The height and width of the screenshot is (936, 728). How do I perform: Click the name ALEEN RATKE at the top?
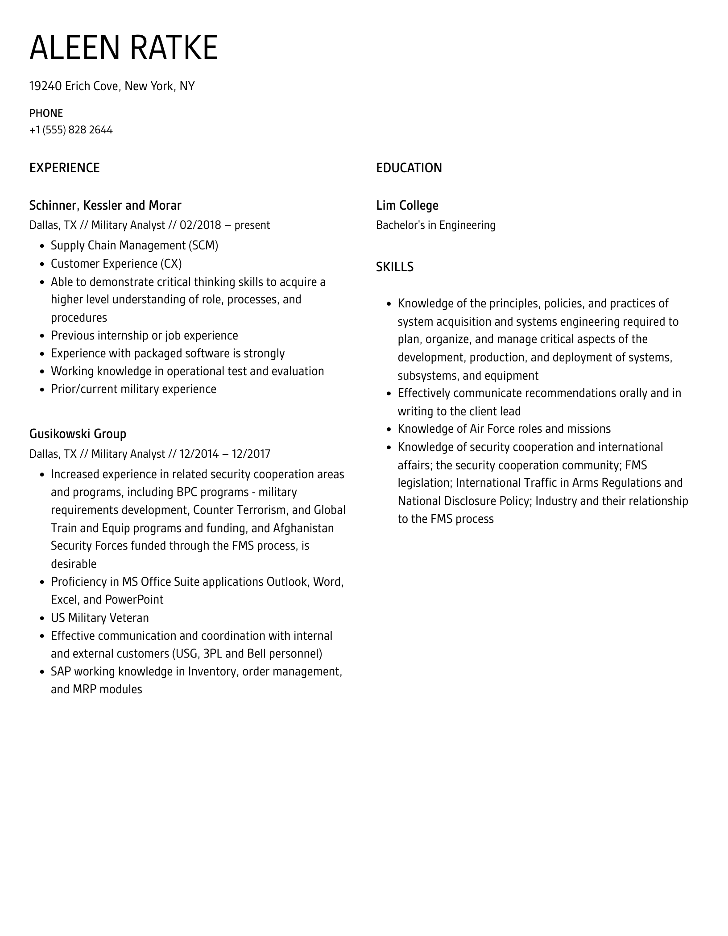coord(124,47)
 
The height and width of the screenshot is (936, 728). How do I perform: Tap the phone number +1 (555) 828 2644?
coord(71,130)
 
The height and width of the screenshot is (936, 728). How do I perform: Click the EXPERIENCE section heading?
coord(64,168)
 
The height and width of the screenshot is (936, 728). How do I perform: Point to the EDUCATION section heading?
coord(409,168)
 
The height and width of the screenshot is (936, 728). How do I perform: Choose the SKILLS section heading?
coord(394,267)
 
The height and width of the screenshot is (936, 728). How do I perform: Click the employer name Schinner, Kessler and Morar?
coord(105,205)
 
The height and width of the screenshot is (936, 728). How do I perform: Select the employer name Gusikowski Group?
coord(78,434)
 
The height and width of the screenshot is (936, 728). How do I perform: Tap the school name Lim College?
coord(407,205)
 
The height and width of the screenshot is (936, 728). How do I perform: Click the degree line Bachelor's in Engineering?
coord(435,225)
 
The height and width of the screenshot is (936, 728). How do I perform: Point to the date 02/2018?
coord(200,225)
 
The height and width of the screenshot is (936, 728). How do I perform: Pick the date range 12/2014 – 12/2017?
coord(225,454)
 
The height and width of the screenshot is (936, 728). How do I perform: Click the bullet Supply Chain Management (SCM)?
coord(134,245)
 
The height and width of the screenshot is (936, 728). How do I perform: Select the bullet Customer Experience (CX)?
coord(116,264)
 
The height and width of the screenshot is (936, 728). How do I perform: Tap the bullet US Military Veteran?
coord(99,618)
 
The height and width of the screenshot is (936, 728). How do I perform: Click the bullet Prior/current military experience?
coord(133,389)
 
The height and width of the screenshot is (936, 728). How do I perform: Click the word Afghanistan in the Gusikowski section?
coord(303,528)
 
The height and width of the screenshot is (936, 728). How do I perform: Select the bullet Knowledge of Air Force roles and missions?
coord(504,429)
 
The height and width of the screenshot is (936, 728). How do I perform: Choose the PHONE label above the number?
coord(46,113)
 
